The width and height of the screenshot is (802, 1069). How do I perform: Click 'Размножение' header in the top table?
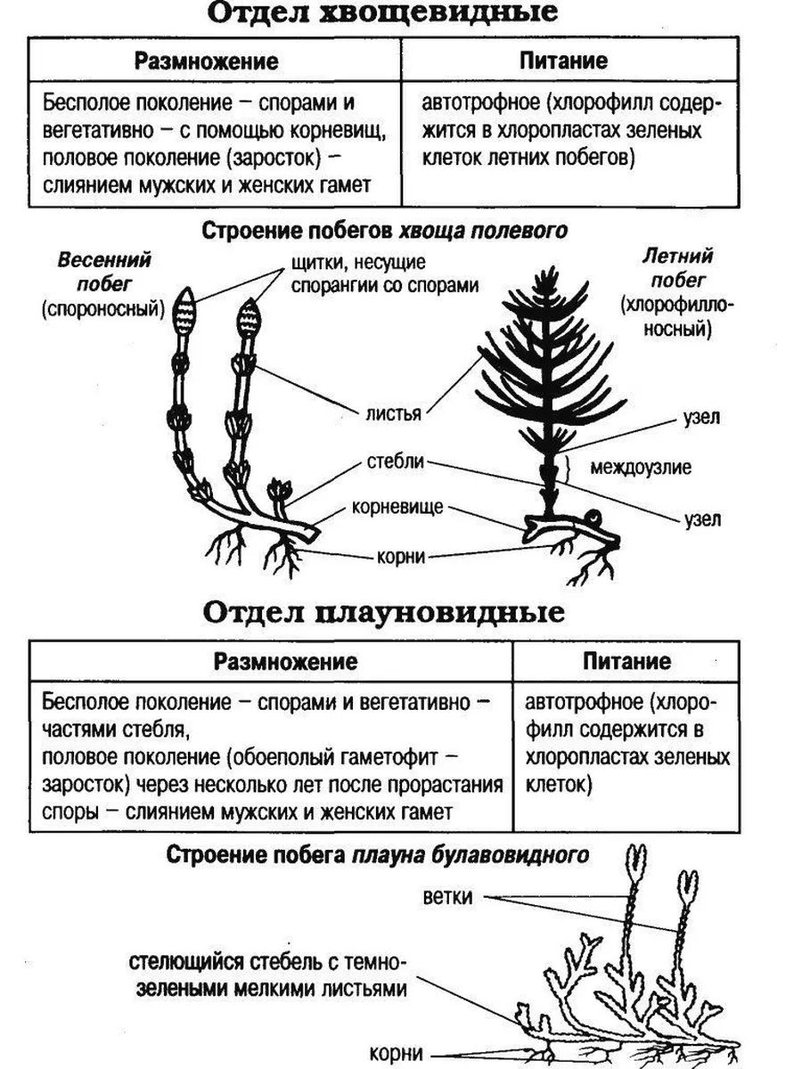[x=207, y=61]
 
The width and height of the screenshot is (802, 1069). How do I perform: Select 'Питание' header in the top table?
[x=563, y=61]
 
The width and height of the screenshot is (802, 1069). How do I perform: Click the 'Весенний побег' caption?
[x=104, y=272]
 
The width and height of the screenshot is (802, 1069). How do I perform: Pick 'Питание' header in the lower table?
[x=626, y=662]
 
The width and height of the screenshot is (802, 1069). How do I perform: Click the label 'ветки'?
[x=448, y=895]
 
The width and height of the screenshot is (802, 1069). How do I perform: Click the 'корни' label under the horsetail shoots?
[x=400, y=556]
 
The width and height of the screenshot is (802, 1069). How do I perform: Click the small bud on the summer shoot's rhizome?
[x=590, y=515]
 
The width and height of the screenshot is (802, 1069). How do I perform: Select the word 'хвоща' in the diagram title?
[x=427, y=230]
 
